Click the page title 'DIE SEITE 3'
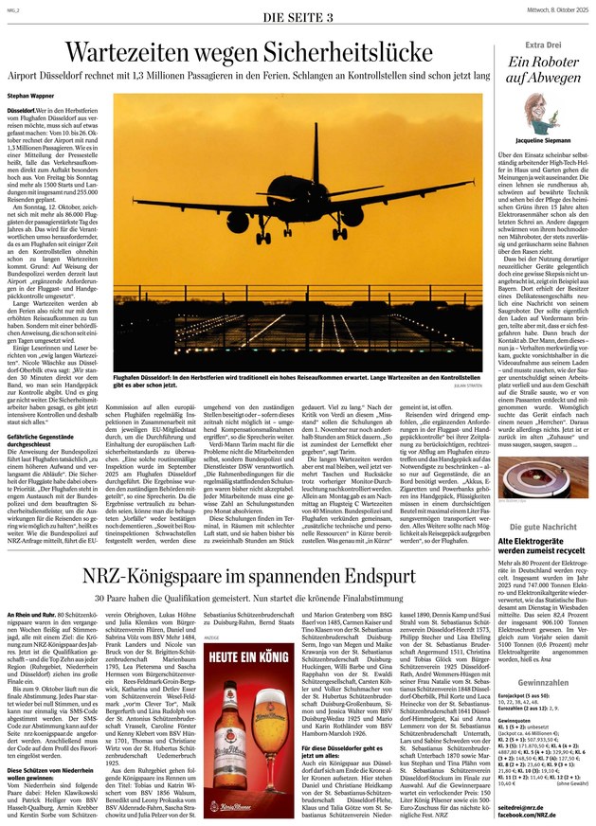(298, 17)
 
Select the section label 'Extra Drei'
(544, 45)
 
